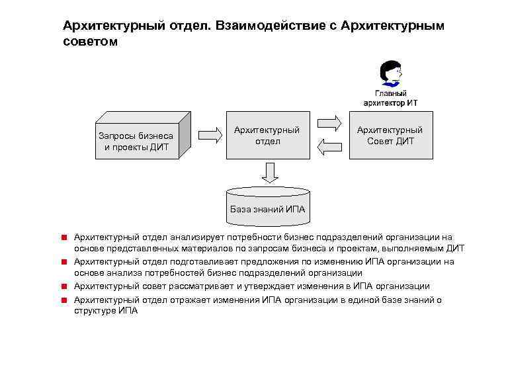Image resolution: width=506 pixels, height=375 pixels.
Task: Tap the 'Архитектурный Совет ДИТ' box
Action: pyautogui.click(x=390, y=135)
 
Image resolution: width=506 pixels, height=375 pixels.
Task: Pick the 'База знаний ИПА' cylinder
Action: pyautogui.click(x=267, y=203)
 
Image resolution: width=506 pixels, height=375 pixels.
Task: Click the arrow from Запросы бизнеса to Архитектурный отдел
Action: pyautogui.click(x=210, y=135)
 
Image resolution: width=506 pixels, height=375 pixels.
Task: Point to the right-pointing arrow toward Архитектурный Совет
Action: pyautogui.click(x=329, y=123)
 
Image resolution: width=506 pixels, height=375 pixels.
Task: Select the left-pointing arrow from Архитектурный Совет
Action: pyautogui.click(x=329, y=147)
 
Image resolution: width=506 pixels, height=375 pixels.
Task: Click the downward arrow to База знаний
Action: pyautogui.click(x=269, y=172)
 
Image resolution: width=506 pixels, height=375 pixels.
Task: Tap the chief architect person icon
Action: pyautogui.click(x=390, y=74)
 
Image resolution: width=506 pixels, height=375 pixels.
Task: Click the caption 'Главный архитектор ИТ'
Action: pyautogui.click(x=390, y=98)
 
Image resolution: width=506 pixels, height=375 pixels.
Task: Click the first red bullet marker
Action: pyautogui.click(x=65, y=237)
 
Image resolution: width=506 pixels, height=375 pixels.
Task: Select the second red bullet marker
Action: pyautogui.click(x=65, y=261)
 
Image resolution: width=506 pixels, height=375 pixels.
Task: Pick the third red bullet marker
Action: pyautogui.click(x=65, y=286)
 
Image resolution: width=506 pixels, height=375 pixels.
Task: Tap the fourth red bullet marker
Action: pyautogui.click(x=65, y=300)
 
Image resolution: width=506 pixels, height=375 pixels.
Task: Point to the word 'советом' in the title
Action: pyautogui.click(x=90, y=42)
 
